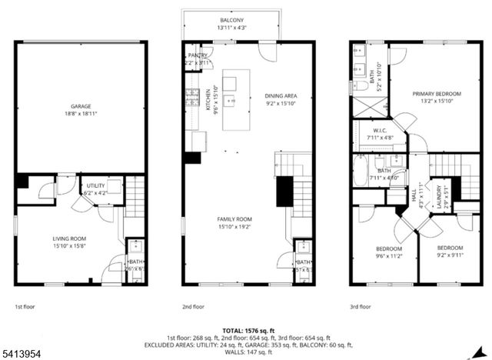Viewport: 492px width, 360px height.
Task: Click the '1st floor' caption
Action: coord(25,306)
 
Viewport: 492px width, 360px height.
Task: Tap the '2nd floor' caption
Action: coord(192,306)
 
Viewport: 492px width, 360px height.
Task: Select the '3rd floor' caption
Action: coord(360,306)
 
